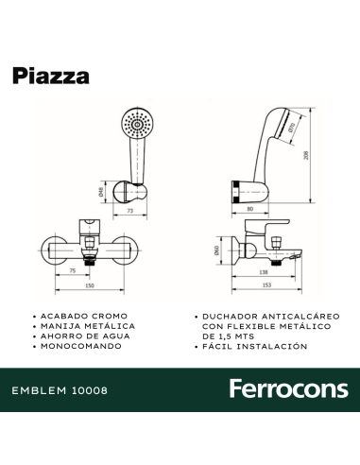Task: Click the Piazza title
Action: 52,76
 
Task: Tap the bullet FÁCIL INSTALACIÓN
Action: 250,347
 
